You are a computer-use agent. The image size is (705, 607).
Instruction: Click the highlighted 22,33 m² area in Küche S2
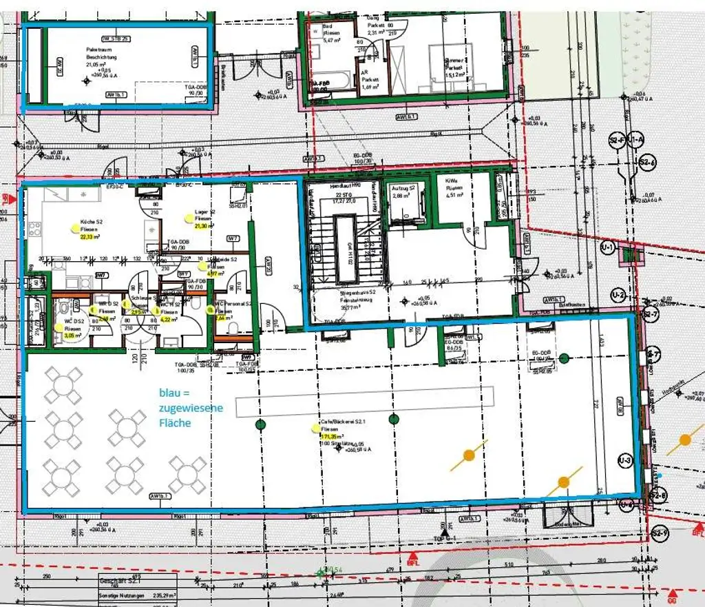tap(90, 237)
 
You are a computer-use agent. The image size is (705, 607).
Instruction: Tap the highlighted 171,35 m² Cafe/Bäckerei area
tap(332, 436)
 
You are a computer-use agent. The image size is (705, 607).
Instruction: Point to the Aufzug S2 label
tap(403, 188)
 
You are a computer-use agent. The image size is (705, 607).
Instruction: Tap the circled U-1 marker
tap(607, 247)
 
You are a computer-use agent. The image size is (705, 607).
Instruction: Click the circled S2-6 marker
tap(646, 163)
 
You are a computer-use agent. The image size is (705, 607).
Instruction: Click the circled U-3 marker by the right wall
tap(625, 460)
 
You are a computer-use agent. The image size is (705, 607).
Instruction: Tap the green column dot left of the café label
tap(260, 424)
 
